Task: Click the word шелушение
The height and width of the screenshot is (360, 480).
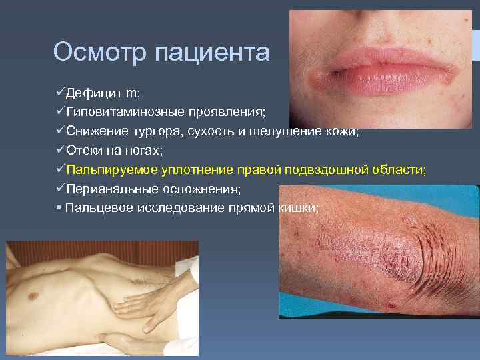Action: (293, 131)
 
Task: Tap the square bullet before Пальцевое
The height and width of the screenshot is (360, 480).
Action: (59, 209)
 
